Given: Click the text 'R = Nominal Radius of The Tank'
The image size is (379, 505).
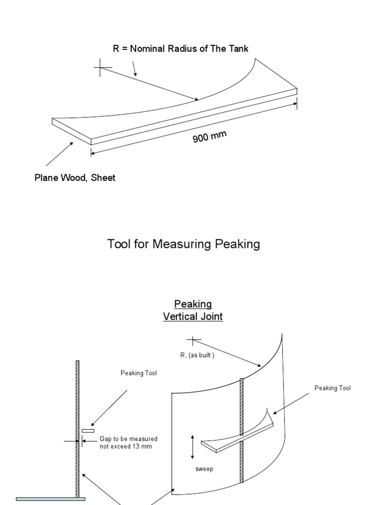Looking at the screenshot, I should coord(181,48).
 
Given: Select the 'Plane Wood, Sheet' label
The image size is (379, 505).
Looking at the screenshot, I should coord(75,178).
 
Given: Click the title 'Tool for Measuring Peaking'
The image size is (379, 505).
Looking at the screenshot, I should coord(184,244).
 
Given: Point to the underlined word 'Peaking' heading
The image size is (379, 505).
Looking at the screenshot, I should coord(193,304).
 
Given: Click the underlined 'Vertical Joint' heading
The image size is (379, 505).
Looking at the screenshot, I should coord(193,317).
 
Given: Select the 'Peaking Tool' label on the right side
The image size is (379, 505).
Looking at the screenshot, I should coord(333,388).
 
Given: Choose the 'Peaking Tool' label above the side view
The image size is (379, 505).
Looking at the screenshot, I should coord(139,373).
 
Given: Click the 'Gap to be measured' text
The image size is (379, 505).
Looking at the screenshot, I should coord(129,438).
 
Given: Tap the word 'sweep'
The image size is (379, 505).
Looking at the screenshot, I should coord(204,469).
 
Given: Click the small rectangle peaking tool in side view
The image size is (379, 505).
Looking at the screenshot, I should coord(88,431).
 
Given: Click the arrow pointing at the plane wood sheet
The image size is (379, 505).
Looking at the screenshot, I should coord(60,154).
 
